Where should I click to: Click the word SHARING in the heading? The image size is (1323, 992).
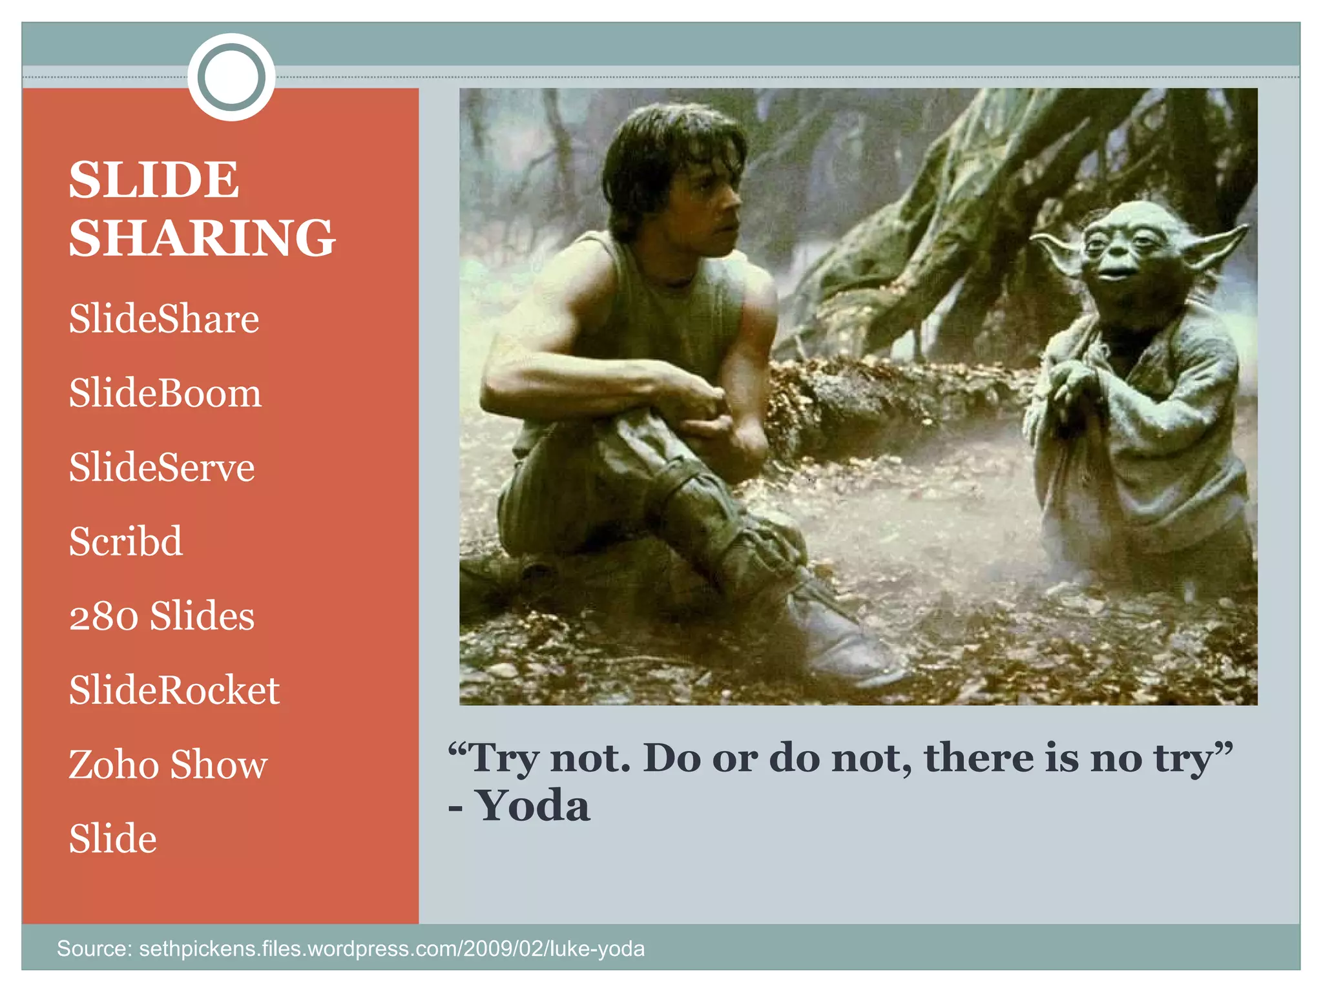(202, 238)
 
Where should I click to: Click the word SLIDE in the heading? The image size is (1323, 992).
(154, 180)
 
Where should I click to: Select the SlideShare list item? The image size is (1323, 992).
(164, 318)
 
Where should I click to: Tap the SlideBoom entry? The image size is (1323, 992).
(165, 393)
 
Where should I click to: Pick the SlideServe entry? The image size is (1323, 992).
(161, 467)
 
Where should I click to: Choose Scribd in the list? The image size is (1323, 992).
(126, 541)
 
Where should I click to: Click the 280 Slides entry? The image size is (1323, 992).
(161, 615)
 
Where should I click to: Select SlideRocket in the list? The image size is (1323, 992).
(174, 690)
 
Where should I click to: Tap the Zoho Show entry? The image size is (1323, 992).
(168, 765)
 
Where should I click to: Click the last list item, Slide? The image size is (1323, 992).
(113, 838)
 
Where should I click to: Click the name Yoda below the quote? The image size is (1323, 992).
(533, 806)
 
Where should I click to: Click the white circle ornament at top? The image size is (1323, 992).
(231, 77)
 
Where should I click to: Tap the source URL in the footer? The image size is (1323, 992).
(391, 949)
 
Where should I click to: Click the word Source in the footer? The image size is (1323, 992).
(94, 949)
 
